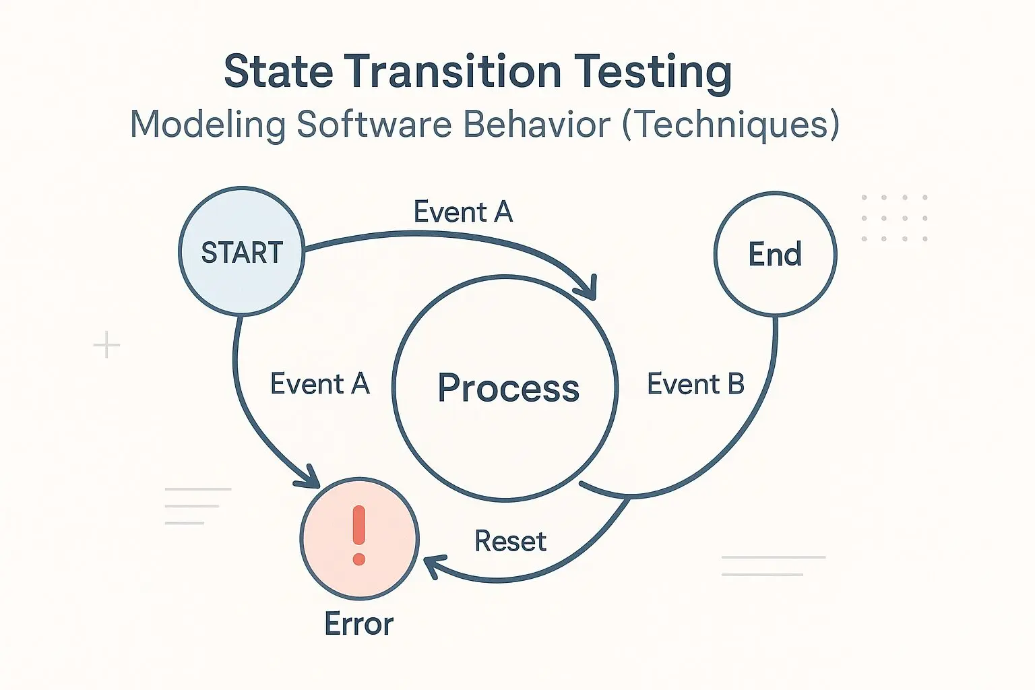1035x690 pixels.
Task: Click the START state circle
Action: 242,251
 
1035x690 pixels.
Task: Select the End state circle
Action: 776,254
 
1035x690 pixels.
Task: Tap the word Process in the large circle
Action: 508,388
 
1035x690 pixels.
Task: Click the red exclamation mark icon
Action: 359,535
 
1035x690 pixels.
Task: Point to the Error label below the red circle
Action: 359,623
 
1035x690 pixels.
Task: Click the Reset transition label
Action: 511,540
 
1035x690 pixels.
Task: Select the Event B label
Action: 695,383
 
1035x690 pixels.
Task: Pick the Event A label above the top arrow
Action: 463,212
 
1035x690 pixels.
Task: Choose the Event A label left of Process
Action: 320,383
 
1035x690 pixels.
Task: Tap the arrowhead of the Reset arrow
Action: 432,566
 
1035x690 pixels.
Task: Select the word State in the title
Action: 278,71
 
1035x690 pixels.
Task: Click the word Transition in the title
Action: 453,71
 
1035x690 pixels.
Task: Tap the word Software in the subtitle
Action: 374,124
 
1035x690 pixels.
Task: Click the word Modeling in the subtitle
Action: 208,125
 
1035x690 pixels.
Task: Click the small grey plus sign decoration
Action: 106,344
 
